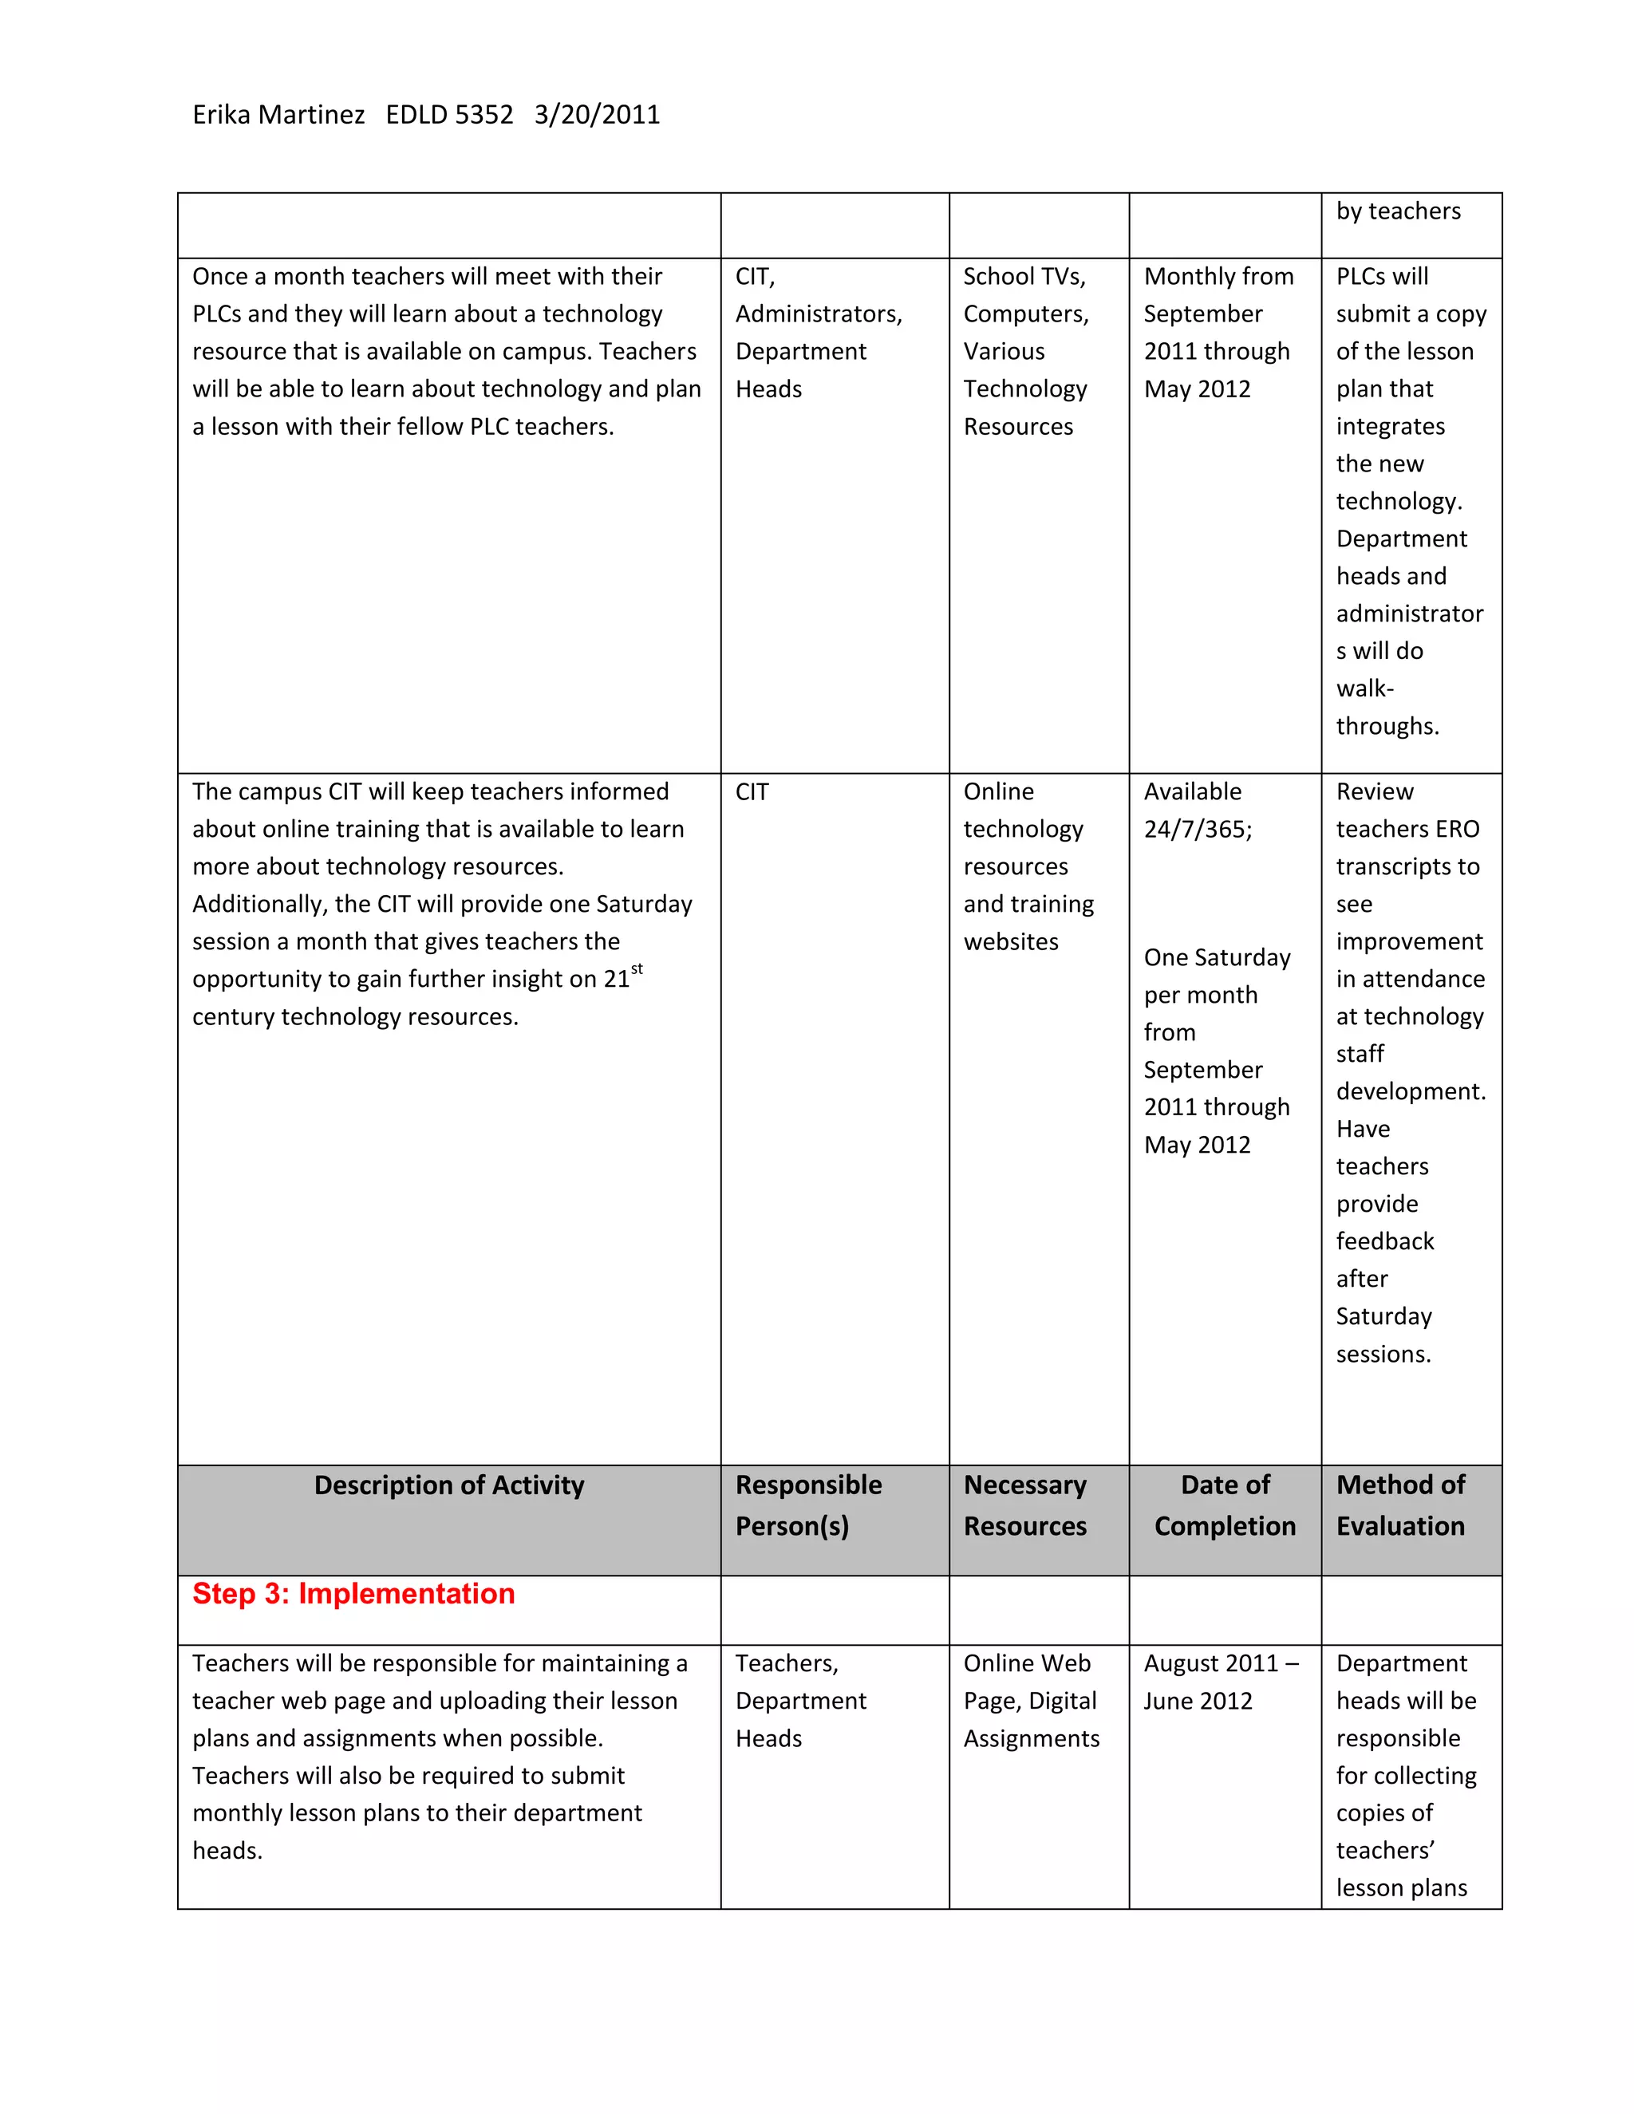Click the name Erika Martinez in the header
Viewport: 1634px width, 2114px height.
tap(278, 115)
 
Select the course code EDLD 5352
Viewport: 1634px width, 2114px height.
tap(449, 115)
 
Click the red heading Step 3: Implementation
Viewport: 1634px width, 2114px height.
tap(353, 1593)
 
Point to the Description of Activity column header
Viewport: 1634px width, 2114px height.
tap(449, 1485)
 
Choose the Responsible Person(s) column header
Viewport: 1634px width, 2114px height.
tap(808, 1505)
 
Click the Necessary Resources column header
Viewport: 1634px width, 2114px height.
tap(1025, 1505)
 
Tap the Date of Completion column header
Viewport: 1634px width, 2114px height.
tap(1225, 1505)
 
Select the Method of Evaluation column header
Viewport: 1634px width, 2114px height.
tap(1401, 1505)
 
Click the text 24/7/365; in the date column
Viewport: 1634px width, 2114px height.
tap(1198, 830)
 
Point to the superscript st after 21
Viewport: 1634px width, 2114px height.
tap(637, 969)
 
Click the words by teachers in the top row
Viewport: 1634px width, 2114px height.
tap(1398, 211)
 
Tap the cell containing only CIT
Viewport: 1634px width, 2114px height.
tap(752, 792)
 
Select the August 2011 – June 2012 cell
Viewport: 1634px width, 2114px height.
tap(1220, 1682)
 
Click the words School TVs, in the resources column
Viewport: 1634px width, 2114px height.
tap(1024, 277)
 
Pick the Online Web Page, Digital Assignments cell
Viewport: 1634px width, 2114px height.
tap(1031, 1701)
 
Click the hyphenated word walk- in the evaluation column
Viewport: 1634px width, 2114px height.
tap(1365, 688)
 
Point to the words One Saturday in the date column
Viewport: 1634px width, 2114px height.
tap(1217, 957)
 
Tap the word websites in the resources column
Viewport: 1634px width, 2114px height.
tap(1011, 942)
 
